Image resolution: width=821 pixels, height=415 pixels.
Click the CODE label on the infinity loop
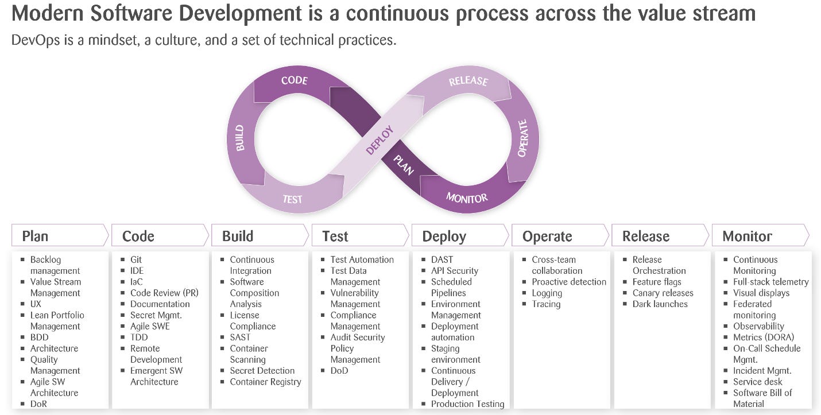click(294, 80)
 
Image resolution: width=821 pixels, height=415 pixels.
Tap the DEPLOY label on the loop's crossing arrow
click(379, 139)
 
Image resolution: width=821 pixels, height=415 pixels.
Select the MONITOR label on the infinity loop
click(467, 198)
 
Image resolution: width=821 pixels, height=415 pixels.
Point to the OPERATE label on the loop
click(522, 138)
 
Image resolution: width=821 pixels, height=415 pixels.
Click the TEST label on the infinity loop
click(292, 199)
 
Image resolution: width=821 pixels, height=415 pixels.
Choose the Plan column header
click(35, 236)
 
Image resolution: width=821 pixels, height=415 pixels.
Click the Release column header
click(646, 236)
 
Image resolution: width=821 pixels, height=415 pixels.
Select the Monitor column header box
click(747, 236)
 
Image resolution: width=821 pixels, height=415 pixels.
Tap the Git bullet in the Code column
click(136, 259)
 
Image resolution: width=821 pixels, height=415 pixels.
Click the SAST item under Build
click(240, 337)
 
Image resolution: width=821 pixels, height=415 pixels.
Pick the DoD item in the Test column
click(339, 370)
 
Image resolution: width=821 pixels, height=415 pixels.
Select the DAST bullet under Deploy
click(442, 259)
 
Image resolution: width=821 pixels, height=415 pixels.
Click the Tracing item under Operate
click(545, 304)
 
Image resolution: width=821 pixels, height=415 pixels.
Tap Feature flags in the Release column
click(656, 282)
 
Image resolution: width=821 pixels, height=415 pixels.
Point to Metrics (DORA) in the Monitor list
click(764, 337)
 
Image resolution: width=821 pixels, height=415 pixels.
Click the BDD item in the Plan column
click(40, 337)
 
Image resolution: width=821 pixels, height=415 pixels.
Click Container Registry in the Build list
click(265, 382)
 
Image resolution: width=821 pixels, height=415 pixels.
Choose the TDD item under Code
click(139, 337)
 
